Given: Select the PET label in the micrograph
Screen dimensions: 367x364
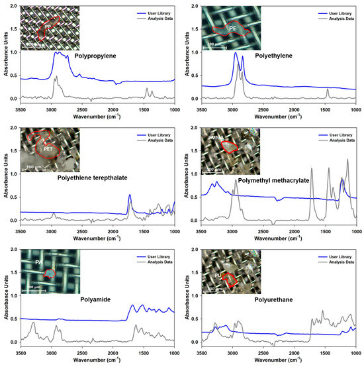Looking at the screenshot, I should tap(48, 149).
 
